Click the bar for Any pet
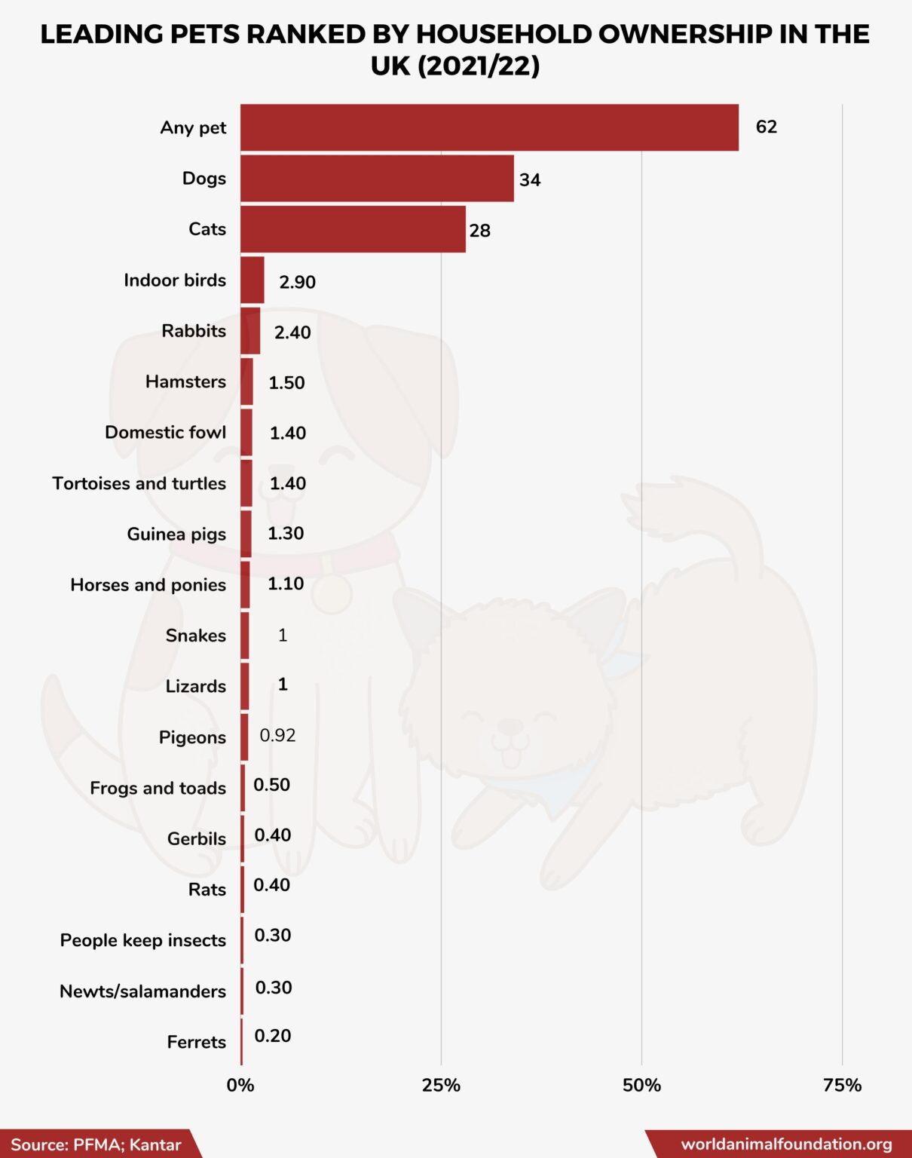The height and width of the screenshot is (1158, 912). coord(489,127)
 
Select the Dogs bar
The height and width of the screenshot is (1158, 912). coord(377,179)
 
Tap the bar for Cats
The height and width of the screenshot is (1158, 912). coord(353,229)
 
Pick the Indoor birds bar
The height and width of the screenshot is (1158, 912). coord(252,280)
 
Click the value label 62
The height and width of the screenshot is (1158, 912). coord(766,127)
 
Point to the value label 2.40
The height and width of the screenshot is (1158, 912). coord(292,332)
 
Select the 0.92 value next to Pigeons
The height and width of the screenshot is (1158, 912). coord(277,735)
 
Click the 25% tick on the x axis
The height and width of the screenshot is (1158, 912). coord(441,1085)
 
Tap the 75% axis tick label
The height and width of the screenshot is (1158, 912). coord(842,1085)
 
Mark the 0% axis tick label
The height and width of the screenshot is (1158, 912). coord(240,1085)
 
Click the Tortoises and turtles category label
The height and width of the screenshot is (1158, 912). coord(139,483)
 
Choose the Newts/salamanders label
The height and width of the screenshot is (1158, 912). coord(142,991)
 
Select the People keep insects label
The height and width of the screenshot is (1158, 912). coord(142,940)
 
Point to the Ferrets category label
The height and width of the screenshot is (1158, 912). coord(196,1042)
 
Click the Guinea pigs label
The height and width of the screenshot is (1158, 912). coord(176,535)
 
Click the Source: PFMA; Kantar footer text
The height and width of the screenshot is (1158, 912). coord(96,1144)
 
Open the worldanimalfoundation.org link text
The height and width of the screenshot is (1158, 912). coord(786,1144)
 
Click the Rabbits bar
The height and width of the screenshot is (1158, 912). coord(250,331)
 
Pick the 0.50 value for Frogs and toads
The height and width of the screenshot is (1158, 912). coord(271,785)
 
